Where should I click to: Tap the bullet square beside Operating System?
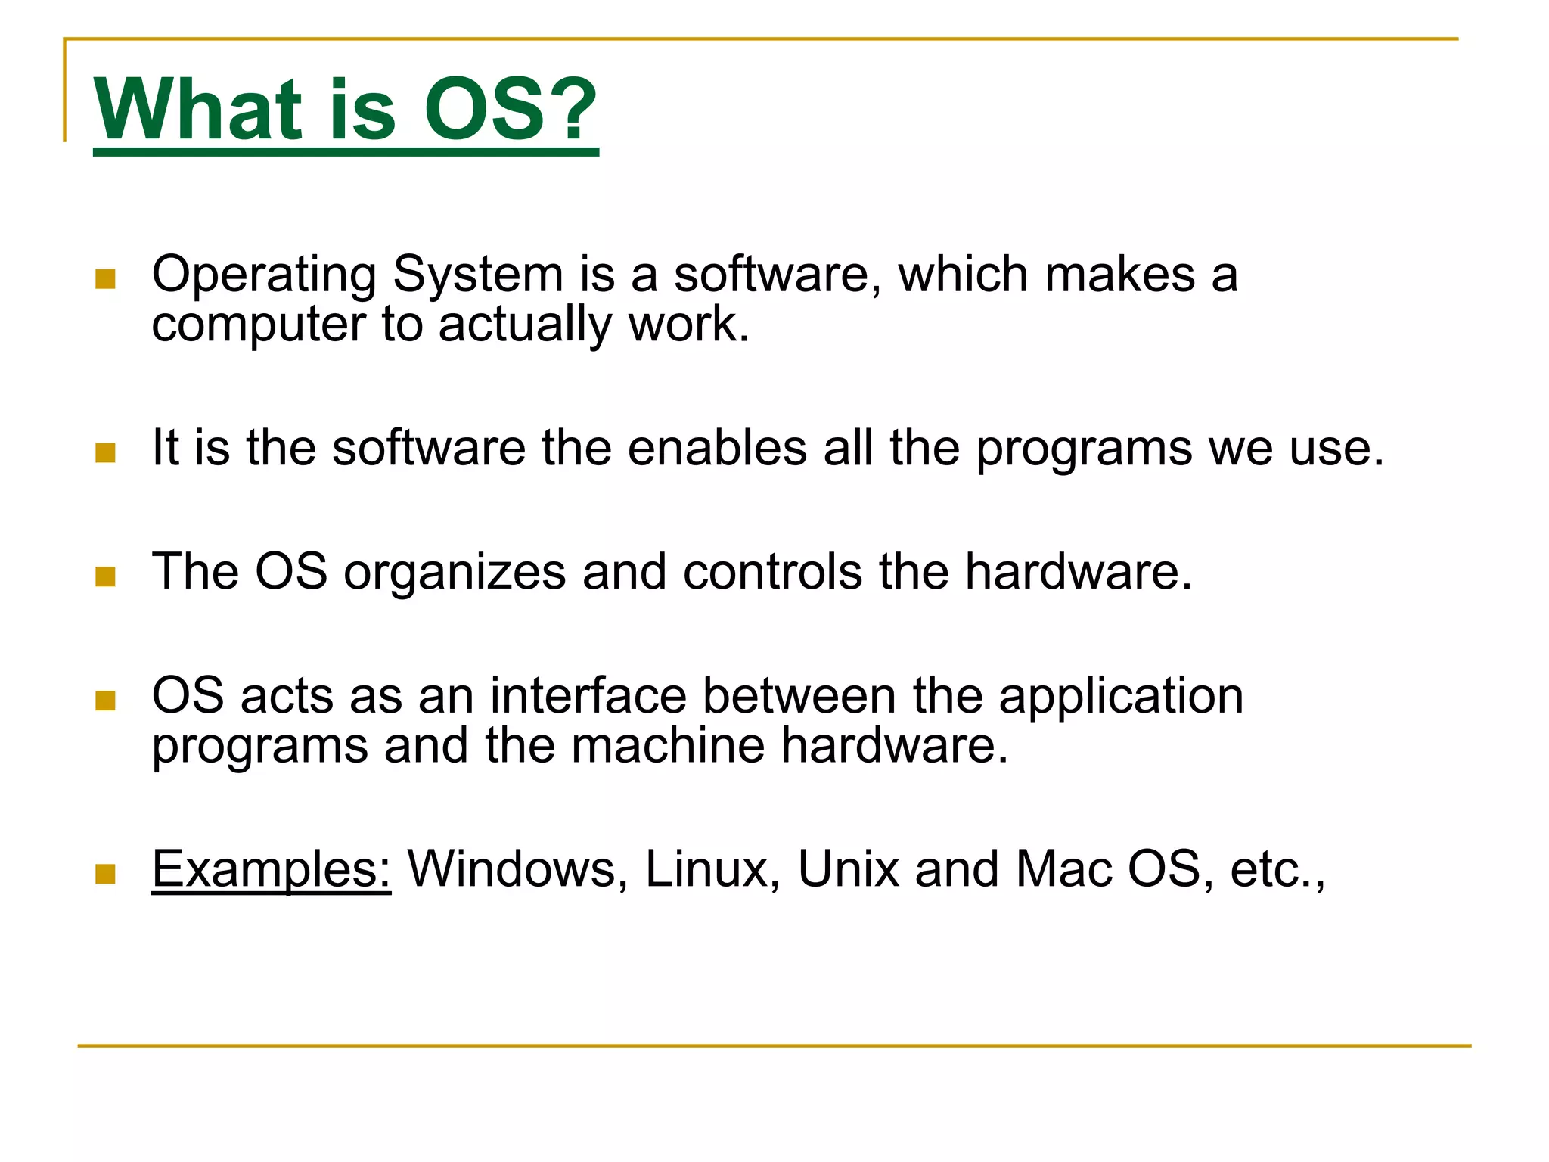(105, 279)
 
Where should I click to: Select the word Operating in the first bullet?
(264, 275)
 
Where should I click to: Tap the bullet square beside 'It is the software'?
(105, 452)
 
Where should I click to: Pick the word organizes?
(455, 573)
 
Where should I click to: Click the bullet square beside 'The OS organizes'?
(105, 576)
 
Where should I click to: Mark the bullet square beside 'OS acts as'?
(105, 701)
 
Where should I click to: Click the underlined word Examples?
(271, 870)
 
